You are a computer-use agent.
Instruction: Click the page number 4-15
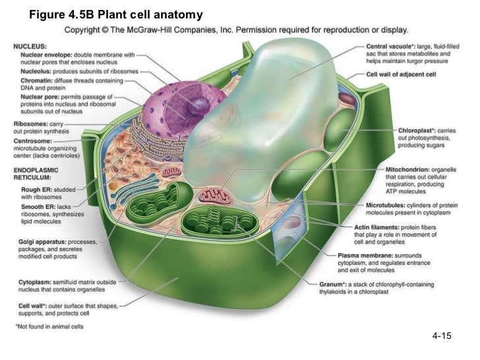(x=441, y=337)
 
